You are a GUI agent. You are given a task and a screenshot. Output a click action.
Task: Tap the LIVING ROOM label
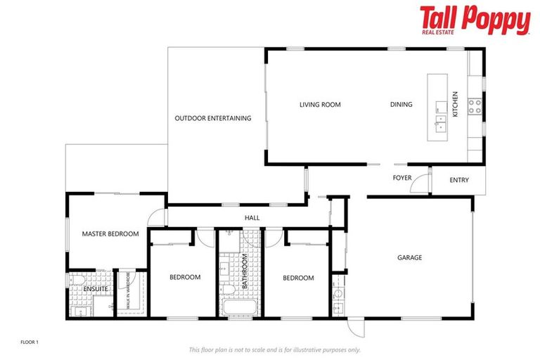pos(320,105)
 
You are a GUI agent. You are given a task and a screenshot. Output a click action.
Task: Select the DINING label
pos(401,105)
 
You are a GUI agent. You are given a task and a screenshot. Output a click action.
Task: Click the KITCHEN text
pos(455,104)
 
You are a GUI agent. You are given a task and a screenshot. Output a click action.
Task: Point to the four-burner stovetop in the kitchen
pos(475,106)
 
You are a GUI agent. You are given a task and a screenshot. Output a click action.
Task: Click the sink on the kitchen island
pos(440,127)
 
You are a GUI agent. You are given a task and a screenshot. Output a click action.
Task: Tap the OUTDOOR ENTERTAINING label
pos(212,118)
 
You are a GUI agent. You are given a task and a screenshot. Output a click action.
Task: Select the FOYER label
pos(402,178)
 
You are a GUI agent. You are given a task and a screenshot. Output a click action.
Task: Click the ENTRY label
pos(458,180)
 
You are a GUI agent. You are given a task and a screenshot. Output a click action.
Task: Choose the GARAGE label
pos(409,258)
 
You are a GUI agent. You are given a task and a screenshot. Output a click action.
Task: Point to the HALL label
pos(252,218)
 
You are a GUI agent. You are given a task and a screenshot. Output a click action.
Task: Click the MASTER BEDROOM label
pos(110,233)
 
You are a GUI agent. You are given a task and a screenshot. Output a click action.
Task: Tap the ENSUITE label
pos(96,289)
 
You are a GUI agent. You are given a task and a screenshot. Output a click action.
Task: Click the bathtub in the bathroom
pos(239,307)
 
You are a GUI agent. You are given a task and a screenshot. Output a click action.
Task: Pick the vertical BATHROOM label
pos(245,271)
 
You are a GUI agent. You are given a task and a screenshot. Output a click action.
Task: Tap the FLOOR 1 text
pos(29,342)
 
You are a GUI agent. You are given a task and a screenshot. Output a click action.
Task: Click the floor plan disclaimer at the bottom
pos(274,349)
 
